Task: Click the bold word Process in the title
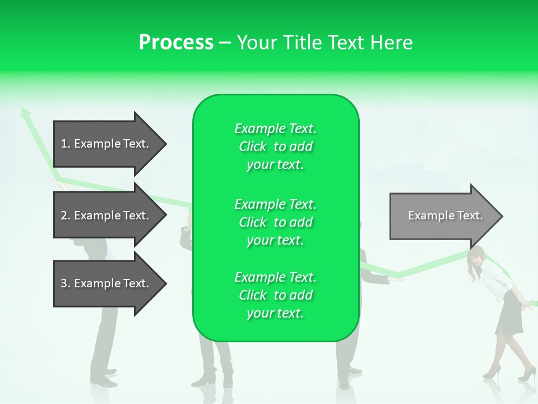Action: (176, 43)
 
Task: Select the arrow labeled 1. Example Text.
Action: (109, 144)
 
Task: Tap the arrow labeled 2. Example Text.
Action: (109, 215)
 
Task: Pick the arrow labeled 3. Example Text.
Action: (109, 283)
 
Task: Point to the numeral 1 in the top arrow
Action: (63, 144)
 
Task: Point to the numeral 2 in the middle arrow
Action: (63, 215)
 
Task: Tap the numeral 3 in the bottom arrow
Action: (63, 283)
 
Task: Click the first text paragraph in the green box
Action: (275, 146)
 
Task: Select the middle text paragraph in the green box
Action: (275, 222)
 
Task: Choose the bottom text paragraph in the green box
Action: (275, 295)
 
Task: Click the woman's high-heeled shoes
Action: (507, 374)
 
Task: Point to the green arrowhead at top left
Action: (24, 112)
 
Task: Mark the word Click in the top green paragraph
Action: (253, 146)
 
